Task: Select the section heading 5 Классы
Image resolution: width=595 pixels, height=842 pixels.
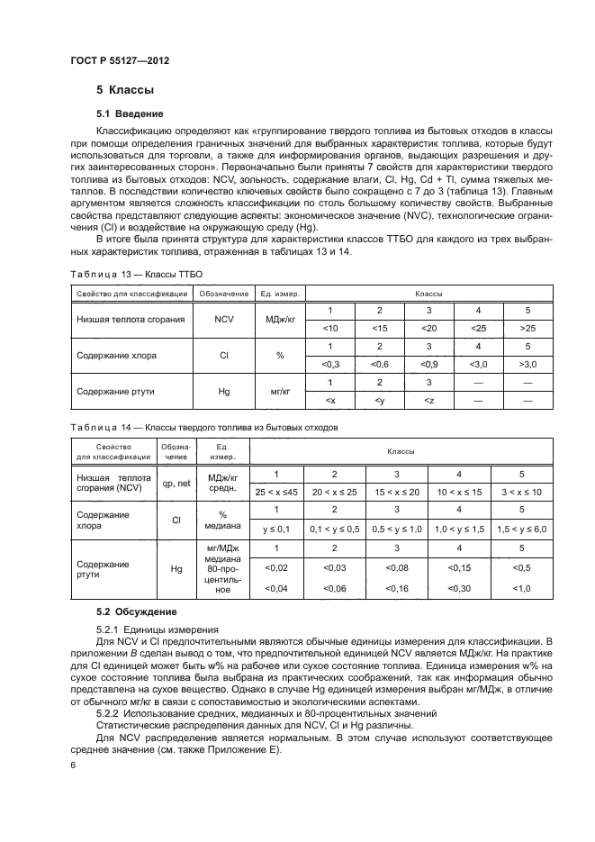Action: tap(125, 91)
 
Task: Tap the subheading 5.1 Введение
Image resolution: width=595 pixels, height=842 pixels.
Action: tap(130, 113)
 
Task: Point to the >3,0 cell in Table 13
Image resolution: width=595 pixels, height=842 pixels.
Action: tap(527, 363)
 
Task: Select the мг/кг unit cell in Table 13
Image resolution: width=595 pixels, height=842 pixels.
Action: tap(279, 392)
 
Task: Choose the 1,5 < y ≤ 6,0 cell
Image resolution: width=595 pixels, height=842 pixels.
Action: tap(521, 529)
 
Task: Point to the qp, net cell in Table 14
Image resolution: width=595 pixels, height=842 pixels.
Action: tap(176, 483)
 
